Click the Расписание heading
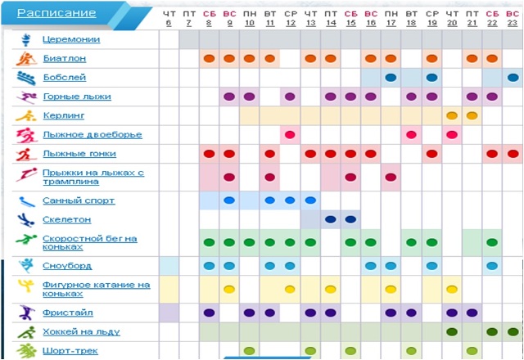coord(56,13)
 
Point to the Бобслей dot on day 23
coord(513,78)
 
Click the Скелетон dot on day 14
coord(331,218)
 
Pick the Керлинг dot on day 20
coord(452,115)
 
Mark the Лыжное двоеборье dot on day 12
coord(290,134)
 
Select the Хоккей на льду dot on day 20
coord(452,331)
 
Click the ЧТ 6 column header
coord(169,19)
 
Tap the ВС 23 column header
coord(513,19)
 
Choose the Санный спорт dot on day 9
coord(229,200)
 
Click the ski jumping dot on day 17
coord(391,177)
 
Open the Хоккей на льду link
coord(81,331)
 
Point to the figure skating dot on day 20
coord(452,289)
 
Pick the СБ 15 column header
coord(350,19)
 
